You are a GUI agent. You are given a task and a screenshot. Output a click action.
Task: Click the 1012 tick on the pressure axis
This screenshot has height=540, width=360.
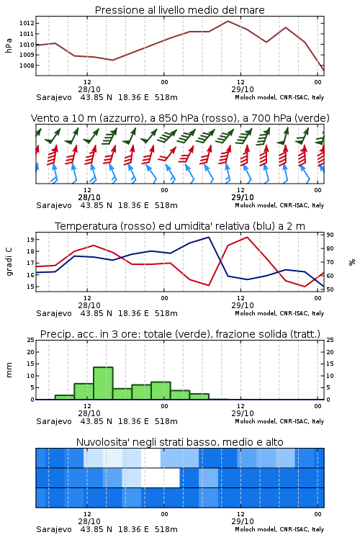pos(27,24)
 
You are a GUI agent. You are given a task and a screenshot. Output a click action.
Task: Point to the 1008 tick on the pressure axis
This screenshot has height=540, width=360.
pos(27,66)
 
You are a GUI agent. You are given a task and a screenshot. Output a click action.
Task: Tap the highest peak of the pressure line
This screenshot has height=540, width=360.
pos(228,21)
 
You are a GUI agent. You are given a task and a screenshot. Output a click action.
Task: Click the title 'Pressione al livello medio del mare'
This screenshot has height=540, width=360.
pos(179,10)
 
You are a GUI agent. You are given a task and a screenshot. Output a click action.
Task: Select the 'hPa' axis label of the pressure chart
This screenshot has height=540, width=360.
pos(9,45)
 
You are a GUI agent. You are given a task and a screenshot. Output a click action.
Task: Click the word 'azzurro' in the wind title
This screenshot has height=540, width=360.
pos(120,118)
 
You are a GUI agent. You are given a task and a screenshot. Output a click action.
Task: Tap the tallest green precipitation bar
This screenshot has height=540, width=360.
pos(104,383)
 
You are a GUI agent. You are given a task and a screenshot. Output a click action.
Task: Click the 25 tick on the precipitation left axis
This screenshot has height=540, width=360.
pos(31,340)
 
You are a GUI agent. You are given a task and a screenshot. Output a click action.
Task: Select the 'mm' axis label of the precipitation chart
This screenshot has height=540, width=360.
pos(9,370)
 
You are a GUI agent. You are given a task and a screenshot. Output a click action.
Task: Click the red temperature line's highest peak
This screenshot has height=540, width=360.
pos(248,237)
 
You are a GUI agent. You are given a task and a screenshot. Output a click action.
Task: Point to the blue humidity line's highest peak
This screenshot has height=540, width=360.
pos(209,237)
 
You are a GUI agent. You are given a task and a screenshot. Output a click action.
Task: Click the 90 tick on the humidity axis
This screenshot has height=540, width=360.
pos(330,235)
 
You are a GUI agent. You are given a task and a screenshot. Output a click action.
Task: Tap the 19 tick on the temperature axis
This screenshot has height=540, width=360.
pos(30,240)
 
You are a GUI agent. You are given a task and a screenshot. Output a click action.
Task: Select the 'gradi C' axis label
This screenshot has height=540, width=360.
pos(9,262)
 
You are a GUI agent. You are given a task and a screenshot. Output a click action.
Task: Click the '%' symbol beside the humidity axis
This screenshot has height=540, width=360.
pos(352,262)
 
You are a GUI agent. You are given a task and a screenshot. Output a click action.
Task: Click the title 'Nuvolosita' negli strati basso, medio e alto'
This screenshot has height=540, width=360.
pos(179,442)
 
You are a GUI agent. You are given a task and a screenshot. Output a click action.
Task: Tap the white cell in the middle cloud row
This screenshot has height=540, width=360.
pos(161,477)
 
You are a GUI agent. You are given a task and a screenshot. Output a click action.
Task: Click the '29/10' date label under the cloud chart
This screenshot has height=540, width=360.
pos(243,521)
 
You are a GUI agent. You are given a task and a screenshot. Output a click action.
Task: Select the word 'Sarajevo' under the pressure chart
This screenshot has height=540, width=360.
pos(54,97)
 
